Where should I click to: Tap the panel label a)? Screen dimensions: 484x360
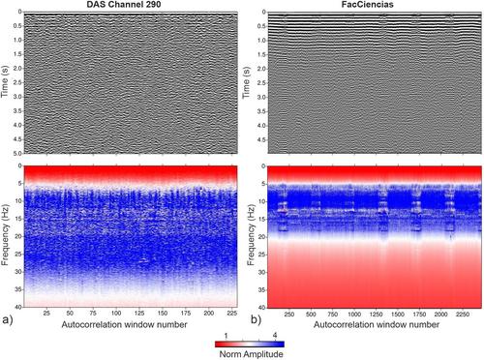point(7,319)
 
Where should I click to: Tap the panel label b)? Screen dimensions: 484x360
point(257,319)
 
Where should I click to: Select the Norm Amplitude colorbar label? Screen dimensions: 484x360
point(251,354)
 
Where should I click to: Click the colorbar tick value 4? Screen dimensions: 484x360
point(275,336)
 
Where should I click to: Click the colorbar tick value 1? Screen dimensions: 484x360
point(226,336)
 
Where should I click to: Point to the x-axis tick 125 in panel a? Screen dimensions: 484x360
point(139,313)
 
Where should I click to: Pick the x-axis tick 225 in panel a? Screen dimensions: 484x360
point(232,313)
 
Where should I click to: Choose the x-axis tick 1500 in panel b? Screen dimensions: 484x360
point(398,314)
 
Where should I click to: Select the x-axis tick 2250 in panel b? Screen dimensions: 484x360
point(463,314)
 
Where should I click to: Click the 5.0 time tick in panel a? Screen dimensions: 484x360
point(17,154)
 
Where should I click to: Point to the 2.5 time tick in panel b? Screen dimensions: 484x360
point(261,83)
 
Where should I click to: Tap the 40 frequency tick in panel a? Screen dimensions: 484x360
point(18,307)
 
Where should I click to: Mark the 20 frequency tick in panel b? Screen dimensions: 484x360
point(262,237)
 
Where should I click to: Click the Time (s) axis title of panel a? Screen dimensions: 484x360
point(5,82)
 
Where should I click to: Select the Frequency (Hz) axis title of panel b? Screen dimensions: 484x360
point(252,234)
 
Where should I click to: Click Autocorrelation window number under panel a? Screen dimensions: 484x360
point(124,324)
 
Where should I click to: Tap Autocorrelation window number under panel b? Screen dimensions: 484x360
point(377,324)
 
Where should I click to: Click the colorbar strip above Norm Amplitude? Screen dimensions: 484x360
point(250,344)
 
